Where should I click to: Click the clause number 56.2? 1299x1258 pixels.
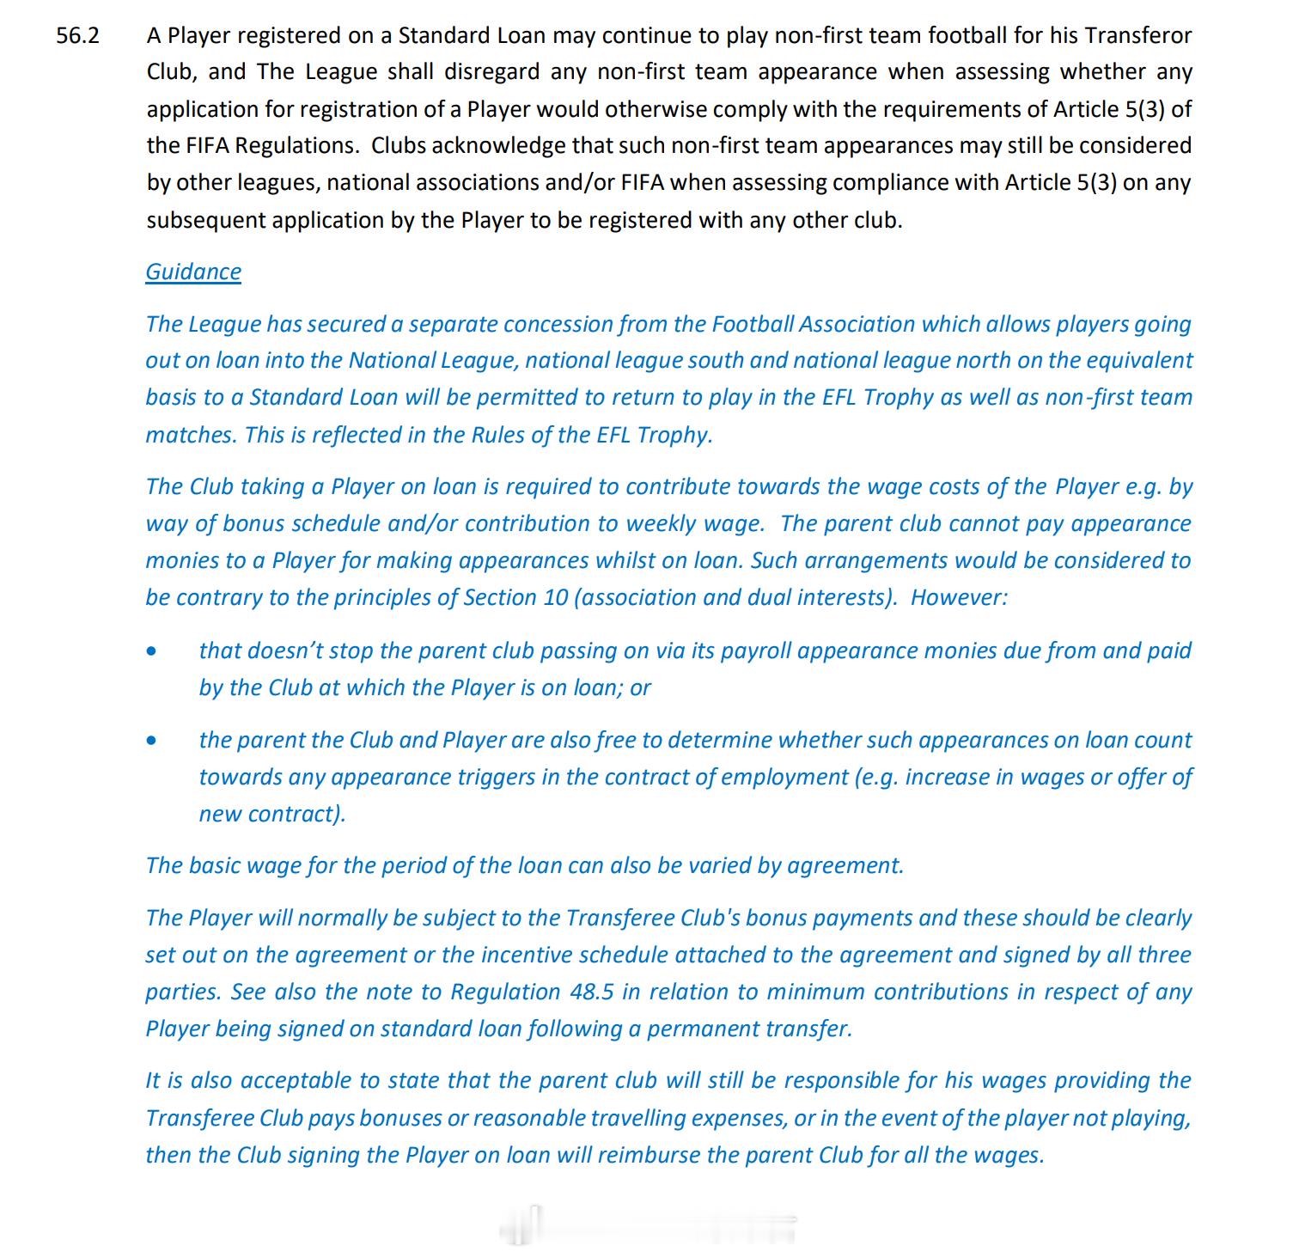[77, 35]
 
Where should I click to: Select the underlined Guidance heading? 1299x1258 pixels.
[193, 272]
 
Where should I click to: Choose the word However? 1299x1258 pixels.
[958, 597]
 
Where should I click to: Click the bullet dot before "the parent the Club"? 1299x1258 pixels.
[152, 740]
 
